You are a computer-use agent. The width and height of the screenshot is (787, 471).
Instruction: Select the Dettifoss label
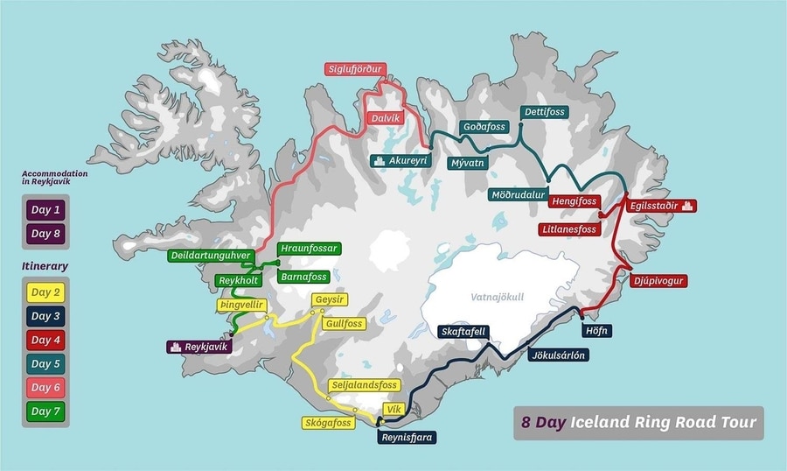(x=544, y=112)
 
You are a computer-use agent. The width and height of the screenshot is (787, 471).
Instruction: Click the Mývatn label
(x=467, y=163)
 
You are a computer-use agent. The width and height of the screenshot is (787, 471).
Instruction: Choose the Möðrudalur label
(x=519, y=194)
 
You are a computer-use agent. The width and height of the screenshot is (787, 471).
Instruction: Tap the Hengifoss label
(x=575, y=201)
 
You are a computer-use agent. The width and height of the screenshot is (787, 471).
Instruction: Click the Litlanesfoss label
(x=568, y=229)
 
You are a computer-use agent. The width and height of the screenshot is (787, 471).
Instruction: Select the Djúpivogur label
(x=658, y=281)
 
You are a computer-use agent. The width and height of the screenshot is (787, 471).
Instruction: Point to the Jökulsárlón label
(x=558, y=355)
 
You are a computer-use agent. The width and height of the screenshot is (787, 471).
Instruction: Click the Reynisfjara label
(x=406, y=436)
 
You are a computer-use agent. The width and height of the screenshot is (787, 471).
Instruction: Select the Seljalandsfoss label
(x=363, y=385)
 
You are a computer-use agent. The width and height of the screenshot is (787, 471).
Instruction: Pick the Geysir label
(x=329, y=300)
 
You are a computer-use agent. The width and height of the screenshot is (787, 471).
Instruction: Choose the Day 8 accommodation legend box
(x=45, y=234)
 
